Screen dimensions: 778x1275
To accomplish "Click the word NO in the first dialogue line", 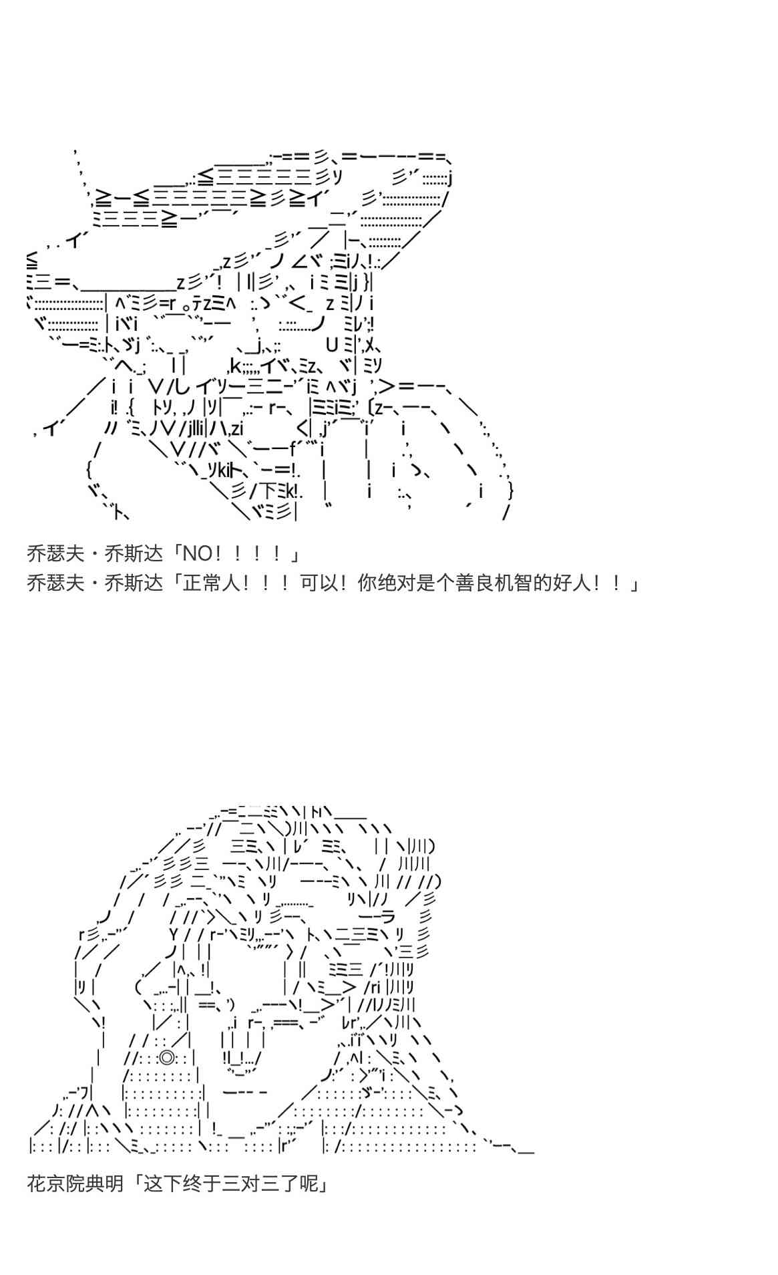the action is click(197, 554).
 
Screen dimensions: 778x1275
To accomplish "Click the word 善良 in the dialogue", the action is click(474, 583).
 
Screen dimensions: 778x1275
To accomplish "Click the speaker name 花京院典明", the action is click(75, 1184).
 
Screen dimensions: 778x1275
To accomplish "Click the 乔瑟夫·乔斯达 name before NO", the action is click(95, 554).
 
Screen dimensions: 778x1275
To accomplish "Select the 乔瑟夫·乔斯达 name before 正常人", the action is click(95, 583).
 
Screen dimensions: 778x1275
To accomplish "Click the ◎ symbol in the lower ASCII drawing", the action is click(166, 1058).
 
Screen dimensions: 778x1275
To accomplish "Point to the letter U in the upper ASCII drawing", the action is click(333, 345).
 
